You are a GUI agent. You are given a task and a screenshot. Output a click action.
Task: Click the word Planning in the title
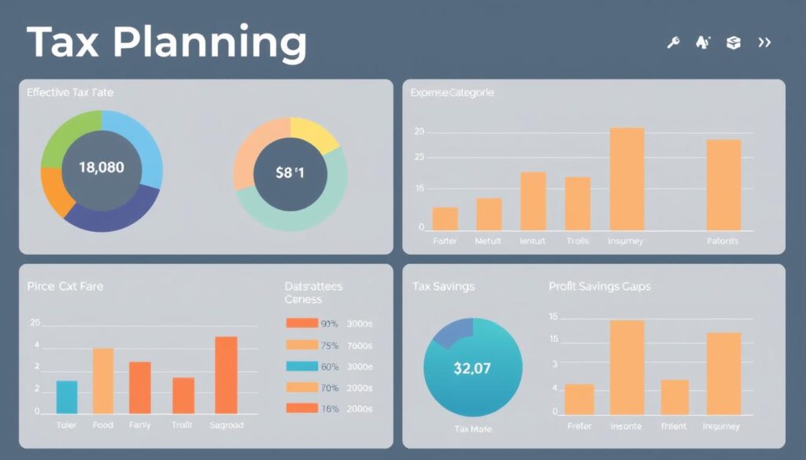(x=211, y=43)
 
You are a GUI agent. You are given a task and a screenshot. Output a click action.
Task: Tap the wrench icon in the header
(x=673, y=43)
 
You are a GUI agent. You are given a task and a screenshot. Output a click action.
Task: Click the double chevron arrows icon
(x=763, y=43)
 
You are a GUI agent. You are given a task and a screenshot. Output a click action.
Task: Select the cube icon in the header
(x=734, y=43)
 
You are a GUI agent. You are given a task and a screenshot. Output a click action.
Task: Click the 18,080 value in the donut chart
(x=102, y=167)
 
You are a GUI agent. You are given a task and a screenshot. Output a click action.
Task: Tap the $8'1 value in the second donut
(x=290, y=173)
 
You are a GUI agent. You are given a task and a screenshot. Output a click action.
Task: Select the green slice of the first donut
(x=67, y=134)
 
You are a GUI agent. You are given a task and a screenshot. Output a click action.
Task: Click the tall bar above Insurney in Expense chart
(x=627, y=178)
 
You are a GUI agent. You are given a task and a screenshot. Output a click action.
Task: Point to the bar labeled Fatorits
(x=723, y=185)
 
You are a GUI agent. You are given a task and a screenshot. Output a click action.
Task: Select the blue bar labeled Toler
(x=67, y=397)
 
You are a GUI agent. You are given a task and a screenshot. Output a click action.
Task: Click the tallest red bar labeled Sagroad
(x=226, y=375)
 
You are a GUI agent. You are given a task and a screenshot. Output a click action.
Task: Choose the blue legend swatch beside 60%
(x=301, y=366)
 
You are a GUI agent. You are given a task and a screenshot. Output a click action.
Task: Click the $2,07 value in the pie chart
(x=473, y=367)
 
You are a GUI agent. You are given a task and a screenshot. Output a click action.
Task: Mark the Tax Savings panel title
(x=443, y=286)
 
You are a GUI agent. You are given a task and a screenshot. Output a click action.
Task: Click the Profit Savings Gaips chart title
(x=599, y=286)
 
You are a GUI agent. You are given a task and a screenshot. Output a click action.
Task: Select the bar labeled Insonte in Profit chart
(x=627, y=367)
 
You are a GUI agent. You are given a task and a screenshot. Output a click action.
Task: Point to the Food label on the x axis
(x=103, y=425)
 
